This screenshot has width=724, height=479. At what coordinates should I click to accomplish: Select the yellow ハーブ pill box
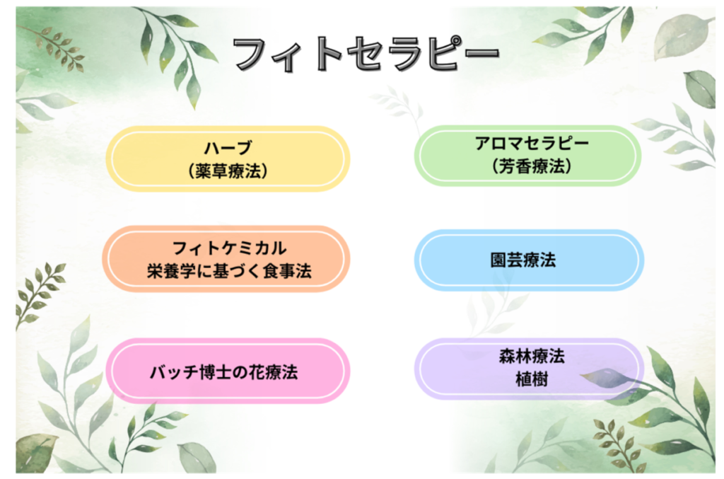coord(228,159)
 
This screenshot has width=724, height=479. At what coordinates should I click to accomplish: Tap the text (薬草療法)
coord(228,171)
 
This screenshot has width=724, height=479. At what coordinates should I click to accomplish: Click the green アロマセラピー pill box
coord(527,155)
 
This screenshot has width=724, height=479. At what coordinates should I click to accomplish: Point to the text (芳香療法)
coord(532,166)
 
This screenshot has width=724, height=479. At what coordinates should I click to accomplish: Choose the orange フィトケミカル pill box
coord(226,259)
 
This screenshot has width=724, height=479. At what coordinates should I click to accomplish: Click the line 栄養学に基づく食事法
coord(230,271)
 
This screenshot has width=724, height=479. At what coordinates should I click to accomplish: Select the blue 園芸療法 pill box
coord(529,260)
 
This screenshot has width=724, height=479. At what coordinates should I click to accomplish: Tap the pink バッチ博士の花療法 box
coord(228,371)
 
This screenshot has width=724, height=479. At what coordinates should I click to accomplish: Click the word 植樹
coord(532,379)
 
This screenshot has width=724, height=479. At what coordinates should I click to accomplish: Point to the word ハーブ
coord(228,148)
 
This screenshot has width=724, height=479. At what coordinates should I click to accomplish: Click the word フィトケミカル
coord(230,248)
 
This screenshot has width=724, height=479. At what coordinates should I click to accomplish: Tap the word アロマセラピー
coord(532,143)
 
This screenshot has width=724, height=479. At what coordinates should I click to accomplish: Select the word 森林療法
coord(532,356)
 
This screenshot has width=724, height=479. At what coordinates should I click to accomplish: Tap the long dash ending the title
coord(480,52)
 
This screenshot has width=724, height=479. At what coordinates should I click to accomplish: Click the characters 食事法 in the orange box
coord(287,271)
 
